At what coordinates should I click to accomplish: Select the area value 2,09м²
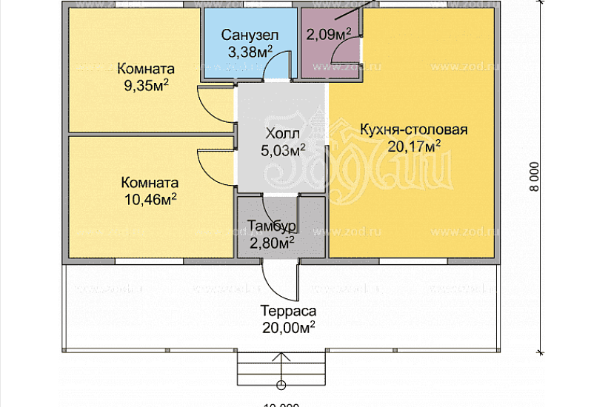pos(329,34)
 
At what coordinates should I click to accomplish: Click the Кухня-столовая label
pos(413,130)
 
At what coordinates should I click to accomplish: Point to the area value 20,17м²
pos(413,147)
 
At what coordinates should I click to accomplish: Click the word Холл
pos(282,135)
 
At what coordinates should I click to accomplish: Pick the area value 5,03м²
pos(283,151)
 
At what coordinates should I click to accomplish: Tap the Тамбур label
pos(272,226)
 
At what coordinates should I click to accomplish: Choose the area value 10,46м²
pos(149,198)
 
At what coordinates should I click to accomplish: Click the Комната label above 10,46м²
pos(149,183)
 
